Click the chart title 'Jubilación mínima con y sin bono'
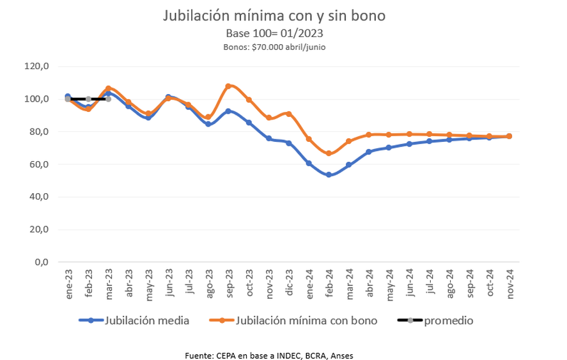pyautogui.click(x=274, y=15)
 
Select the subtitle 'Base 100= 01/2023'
pyautogui.click(x=274, y=33)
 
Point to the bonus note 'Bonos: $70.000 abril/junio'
pyautogui.click(x=274, y=47)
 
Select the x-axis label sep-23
pyautogui.click(x=229, y=281)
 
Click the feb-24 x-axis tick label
pyautogui.click(x=329, y=281)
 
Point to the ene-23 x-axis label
pyautogui.click(x=68, y=281)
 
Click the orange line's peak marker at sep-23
pyautogui.click(x=228, y=86)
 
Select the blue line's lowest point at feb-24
pyautogui.click(x=329, y=175)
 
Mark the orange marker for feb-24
pyautogui.click(x=329, y=153)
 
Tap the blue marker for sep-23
pyautogui.click(x=228, y=111)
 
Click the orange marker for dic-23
pyautogui.click(x=288, y=114)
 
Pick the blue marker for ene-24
pyautogui.click(x=309, y=163)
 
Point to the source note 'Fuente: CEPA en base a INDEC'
pyautogui.click(x=268, y=355)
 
